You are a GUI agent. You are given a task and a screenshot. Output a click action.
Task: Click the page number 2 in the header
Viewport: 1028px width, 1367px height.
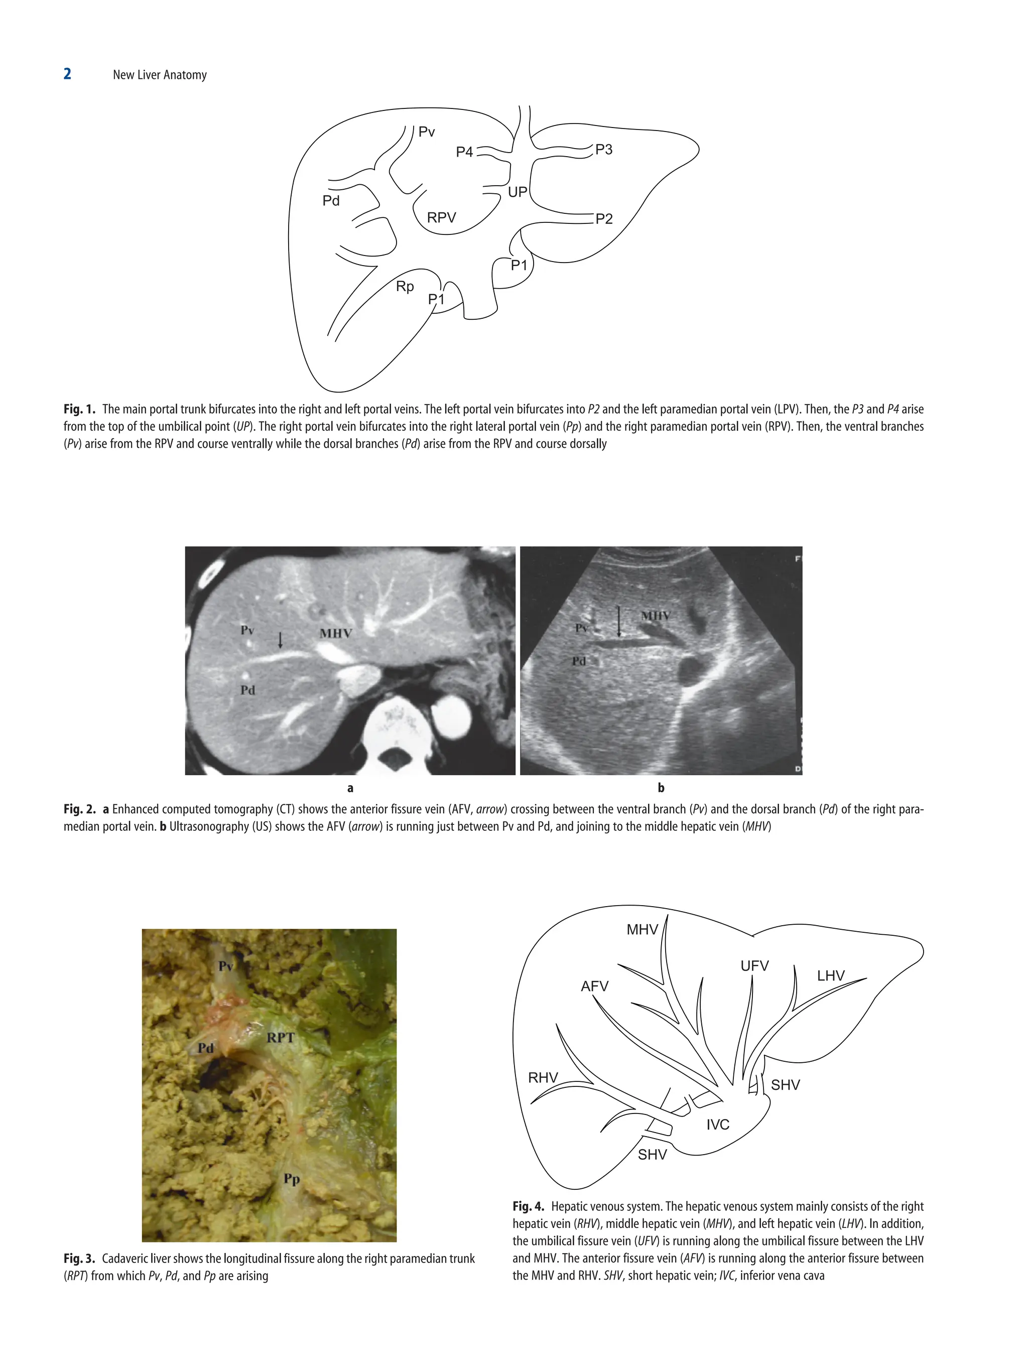67,74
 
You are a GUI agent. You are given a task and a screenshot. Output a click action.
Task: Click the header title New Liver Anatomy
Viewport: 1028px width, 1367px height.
160,75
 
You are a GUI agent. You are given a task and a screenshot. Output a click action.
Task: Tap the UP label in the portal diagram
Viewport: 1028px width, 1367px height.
517,192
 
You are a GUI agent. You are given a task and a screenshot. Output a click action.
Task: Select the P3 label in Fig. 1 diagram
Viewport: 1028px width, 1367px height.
603,150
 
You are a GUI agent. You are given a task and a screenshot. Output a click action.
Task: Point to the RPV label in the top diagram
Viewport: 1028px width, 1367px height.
441,217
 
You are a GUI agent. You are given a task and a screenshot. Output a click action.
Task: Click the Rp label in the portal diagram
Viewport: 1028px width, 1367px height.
405,287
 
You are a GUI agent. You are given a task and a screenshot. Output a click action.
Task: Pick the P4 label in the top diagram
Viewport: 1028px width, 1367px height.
464,152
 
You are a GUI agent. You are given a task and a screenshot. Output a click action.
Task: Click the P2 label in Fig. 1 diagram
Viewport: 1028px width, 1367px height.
603,219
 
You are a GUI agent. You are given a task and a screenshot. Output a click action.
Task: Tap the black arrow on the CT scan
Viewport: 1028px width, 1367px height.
281,640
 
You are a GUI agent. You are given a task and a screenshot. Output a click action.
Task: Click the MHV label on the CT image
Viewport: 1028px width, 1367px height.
335,633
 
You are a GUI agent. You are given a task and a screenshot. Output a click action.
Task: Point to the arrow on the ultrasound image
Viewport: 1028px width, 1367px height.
619,621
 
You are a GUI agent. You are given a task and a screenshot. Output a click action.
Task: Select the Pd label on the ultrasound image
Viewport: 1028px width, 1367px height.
578,661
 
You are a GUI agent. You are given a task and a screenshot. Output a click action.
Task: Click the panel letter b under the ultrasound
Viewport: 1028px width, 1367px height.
661,787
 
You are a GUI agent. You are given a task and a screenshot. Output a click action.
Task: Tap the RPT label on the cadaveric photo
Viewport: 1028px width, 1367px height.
281,1038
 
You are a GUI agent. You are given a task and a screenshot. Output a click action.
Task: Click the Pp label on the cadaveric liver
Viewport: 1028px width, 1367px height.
291,1179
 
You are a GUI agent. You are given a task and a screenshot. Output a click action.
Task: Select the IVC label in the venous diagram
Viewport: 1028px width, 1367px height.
718,1124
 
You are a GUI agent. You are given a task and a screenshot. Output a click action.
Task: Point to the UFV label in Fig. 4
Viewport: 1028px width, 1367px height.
754,965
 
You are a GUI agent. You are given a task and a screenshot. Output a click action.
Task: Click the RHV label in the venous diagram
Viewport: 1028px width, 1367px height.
543,1077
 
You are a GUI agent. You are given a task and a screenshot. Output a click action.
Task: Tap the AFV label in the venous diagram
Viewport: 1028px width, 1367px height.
594,985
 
